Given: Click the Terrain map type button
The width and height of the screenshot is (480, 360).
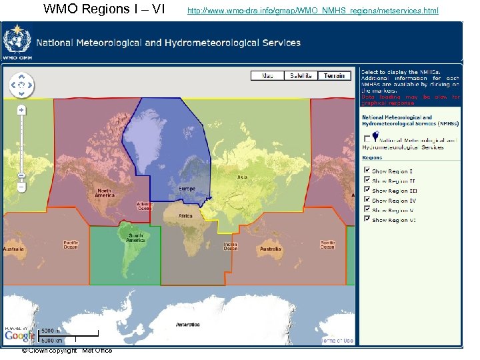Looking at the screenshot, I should [x=335, y=76].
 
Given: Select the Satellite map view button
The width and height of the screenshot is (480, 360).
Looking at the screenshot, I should [x=301, y=76].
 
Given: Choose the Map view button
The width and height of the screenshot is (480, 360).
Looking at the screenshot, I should [x=267, y=76].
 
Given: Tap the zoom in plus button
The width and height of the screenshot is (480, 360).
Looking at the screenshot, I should [x=22, y=109].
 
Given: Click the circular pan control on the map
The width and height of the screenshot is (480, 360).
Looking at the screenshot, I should [x=21, y=85].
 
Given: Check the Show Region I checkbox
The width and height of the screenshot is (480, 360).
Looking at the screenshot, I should [x=366, y=171].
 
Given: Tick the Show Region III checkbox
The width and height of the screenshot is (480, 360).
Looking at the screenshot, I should [x=366, y=190].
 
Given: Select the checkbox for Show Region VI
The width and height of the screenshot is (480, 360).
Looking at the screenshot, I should [x=366, y=219].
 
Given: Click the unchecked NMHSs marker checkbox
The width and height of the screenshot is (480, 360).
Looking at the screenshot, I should [x=366, y=138].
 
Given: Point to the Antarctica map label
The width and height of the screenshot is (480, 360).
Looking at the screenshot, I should [x=187, y=325].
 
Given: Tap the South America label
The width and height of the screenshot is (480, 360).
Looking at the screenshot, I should [x=136, y=237].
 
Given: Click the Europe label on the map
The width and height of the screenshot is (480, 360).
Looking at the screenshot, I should [x=187, y=189].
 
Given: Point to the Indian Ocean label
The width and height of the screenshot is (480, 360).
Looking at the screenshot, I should [x=231, y=246].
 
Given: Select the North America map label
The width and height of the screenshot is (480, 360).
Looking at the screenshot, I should [x=104, y=192].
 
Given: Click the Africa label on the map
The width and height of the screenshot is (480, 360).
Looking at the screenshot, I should [x=185, y=216].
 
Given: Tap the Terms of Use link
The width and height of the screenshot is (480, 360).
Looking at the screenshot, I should [x=338, y=341].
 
